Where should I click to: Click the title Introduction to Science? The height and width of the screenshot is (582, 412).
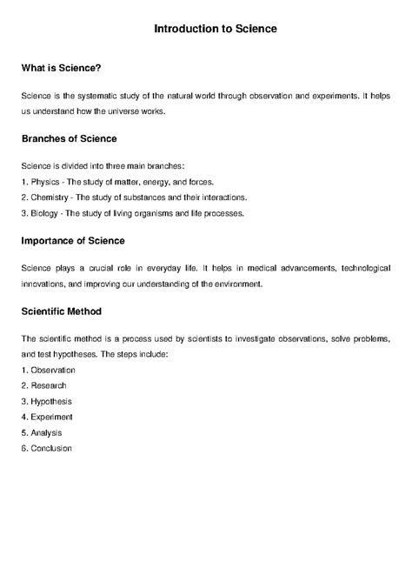pos(216,29)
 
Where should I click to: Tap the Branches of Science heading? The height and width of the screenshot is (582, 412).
pos(69,138)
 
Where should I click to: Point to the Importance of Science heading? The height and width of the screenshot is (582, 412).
pos(72,239)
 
